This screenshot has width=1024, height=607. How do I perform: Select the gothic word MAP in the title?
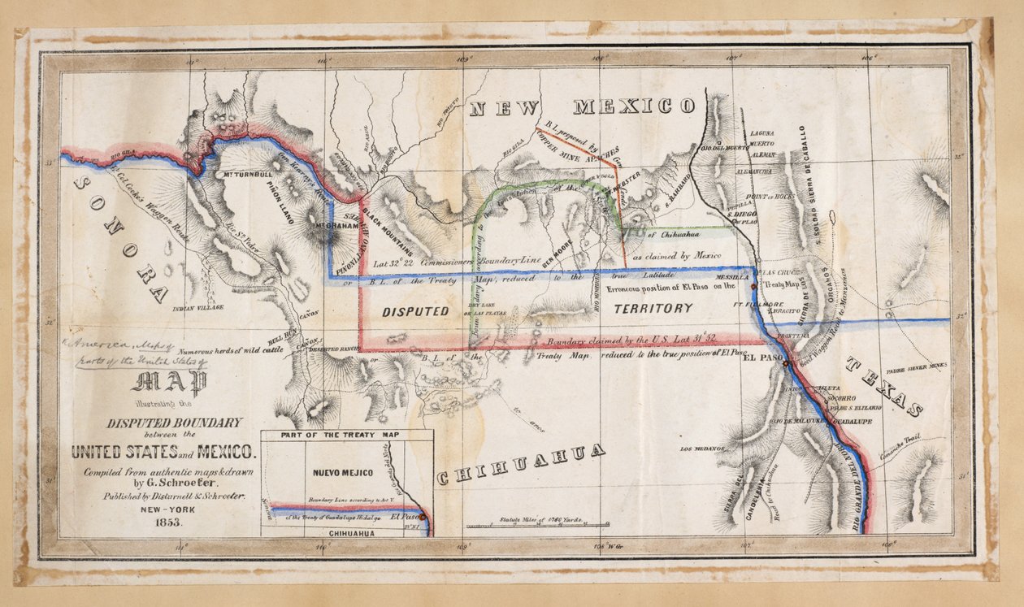tap(168, 383)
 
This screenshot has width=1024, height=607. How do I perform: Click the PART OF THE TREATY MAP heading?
tap(346, 436)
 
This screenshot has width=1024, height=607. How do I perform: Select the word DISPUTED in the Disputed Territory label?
tap(415, 310)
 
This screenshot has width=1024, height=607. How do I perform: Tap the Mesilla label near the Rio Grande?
tap(732, 276)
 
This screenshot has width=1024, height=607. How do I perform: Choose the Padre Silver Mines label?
tap(917, 366)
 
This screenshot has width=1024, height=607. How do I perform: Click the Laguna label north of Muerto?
tap(763, 132)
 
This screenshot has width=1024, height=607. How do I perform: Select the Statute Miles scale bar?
tap(536, 524)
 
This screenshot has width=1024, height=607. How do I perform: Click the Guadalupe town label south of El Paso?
tap(851, 421)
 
